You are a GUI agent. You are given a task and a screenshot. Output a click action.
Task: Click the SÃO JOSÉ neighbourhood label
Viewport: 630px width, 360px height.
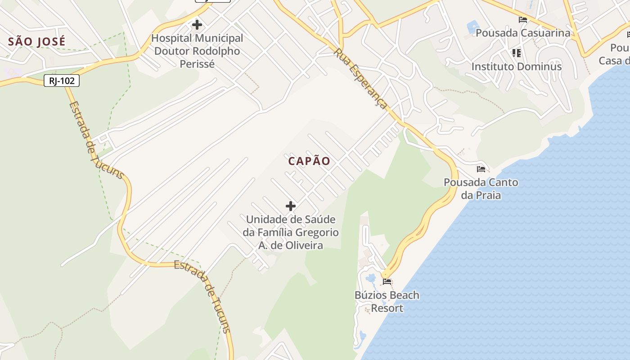click(37, 41)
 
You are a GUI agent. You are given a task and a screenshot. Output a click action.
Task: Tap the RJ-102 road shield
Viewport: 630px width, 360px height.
click(62, 81)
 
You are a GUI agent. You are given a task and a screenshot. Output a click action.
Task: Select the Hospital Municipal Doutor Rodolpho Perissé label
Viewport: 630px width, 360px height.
click(197, 51)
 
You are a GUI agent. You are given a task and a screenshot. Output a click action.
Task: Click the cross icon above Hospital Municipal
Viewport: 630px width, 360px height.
click(197, 25)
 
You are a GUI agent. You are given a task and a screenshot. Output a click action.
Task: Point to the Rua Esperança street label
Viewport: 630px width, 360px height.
click(360, 78)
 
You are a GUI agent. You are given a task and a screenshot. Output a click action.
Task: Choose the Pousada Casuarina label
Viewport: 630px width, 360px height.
click(522, 33)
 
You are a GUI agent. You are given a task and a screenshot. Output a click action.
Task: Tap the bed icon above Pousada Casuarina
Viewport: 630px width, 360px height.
click(522, 20)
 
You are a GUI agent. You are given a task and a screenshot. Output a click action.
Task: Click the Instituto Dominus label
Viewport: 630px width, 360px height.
click(516, 67)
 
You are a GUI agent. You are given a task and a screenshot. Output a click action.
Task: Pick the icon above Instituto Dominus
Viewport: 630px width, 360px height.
click(517, 54)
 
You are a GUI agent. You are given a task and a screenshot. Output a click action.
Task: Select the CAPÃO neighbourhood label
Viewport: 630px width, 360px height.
click(309, 161)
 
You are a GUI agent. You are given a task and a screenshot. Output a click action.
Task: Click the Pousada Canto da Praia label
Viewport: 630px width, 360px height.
click(481, 189)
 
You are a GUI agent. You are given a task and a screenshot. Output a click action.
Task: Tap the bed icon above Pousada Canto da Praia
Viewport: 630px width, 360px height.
click(481, 169)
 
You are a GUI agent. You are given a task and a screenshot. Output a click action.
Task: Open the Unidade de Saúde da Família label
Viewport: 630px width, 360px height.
click(291, 232)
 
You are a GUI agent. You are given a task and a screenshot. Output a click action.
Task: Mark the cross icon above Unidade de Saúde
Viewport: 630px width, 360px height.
click(291, 206)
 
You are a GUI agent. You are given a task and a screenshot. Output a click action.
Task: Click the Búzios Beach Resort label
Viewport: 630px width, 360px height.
click(387, 301)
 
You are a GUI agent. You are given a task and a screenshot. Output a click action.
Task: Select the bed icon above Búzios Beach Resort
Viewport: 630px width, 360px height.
click(387, 282)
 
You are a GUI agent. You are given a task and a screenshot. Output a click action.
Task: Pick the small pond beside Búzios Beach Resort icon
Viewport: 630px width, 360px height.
click(371, 279)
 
